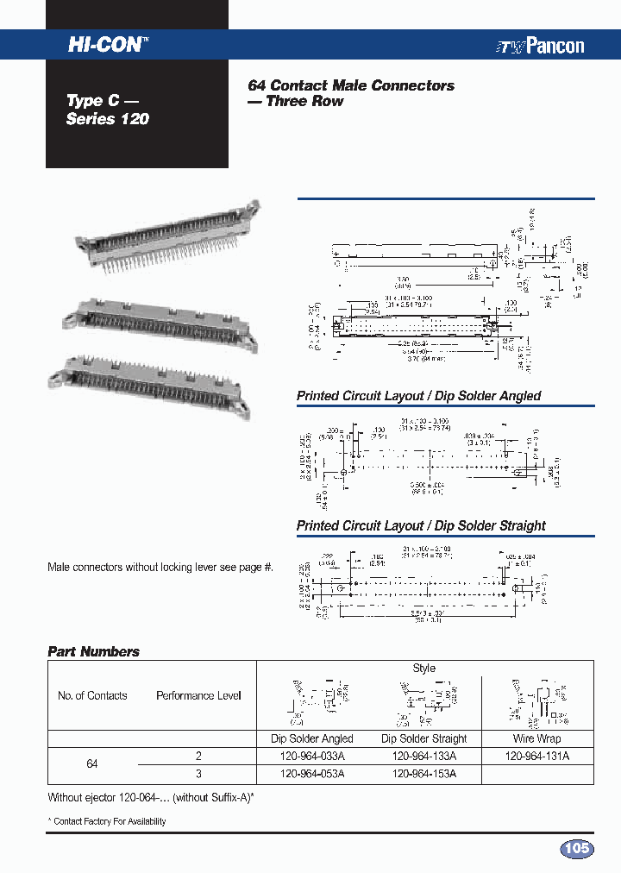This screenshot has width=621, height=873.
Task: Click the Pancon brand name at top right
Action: click(x=540, y=47)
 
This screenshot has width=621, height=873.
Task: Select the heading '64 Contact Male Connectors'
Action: click(x=351, y=85)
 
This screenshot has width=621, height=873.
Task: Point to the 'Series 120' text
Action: click(x=107, y=119)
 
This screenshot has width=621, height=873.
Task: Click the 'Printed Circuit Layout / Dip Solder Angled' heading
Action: click(x=418, y=396)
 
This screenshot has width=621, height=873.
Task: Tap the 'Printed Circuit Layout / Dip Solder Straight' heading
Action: click(x=421, y=525)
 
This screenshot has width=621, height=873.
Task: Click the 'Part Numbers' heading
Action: click(x=93, y=652)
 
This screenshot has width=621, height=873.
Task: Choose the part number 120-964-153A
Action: click(x=423, y=774)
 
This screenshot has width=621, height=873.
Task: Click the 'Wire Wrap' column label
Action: click(x=536, y=738)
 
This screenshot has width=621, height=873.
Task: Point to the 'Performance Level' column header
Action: click(x=198, y=695)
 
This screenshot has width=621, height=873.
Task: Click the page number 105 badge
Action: click(x=576, y=849)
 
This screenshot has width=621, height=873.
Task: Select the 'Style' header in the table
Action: click(x=424, y=669)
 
